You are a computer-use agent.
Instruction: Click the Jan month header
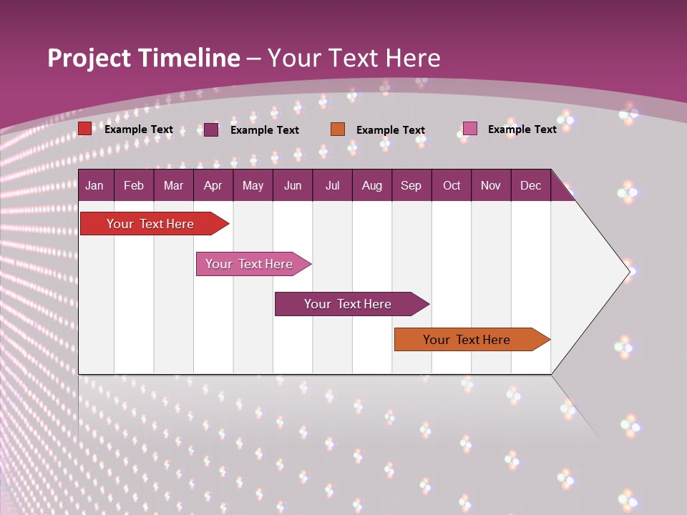[94, 185]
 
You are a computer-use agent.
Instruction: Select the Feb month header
[134, 185]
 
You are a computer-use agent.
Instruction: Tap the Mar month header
[173, 185]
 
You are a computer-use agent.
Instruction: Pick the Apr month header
[213, 185]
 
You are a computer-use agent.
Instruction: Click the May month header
[253, 185]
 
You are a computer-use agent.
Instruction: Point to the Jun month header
[293, 185]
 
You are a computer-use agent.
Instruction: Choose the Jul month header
[333, 185]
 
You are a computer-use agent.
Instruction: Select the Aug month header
[372, 185]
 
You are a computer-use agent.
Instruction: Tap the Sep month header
[411, 185]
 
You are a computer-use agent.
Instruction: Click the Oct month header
[452, 185]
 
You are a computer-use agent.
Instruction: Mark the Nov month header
[491, 185]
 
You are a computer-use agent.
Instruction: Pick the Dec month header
[531, 185]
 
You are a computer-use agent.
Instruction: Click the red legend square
[85, 129]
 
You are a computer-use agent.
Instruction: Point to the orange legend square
[338, 129]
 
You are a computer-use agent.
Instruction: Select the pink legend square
[469, 129]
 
